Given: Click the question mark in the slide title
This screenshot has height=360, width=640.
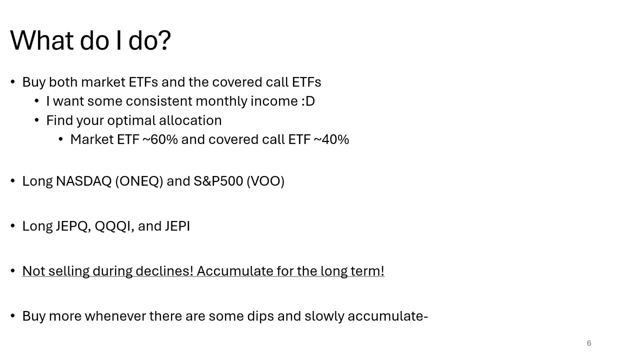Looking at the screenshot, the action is (x=164, y=40).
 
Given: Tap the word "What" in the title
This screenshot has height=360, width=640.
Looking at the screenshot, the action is (x=42, y=40).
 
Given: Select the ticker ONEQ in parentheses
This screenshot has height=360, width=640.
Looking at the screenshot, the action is (x=139, y=181).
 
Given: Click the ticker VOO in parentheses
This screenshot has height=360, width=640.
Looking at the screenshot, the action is (x=265, y=181).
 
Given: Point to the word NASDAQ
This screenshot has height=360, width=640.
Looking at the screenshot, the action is (x=83, y=181).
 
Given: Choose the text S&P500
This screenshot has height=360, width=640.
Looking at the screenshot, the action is (x=218, y=181).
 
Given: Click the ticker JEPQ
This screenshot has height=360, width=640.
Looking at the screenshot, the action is (x=73, y=226).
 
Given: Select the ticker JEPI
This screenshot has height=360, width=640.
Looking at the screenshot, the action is (x=177, y=226).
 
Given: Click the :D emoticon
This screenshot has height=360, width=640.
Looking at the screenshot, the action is (x=308, y=101).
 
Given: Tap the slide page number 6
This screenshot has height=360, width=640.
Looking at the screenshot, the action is (x=589, y=343).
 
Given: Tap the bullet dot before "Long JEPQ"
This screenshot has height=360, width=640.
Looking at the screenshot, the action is (x=12, y=226).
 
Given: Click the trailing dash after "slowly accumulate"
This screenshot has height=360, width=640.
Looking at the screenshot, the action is (x=425, y=317).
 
